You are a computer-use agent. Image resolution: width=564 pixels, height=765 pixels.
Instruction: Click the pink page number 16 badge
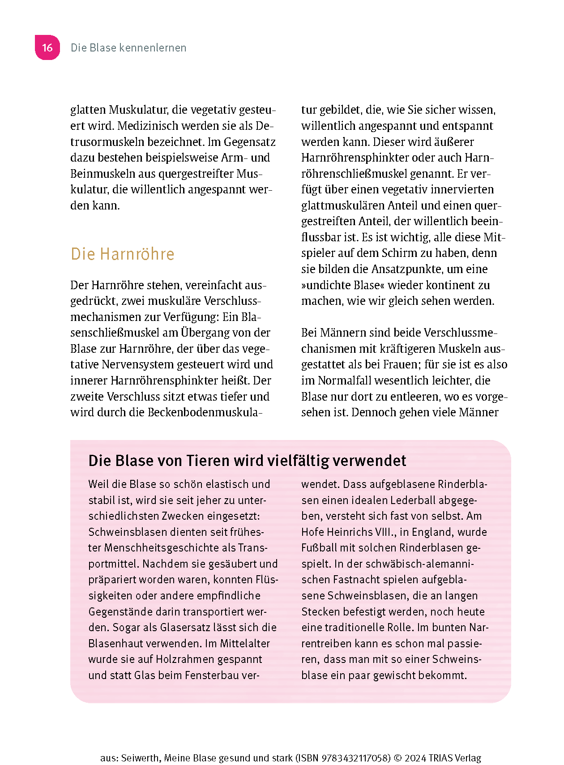[47, 47]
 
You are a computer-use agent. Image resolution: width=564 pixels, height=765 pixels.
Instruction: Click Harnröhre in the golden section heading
[137, 254]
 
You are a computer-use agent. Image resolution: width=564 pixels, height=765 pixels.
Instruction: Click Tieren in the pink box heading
[207, 461]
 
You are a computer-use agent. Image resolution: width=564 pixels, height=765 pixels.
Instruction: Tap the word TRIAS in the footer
[440, 758]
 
